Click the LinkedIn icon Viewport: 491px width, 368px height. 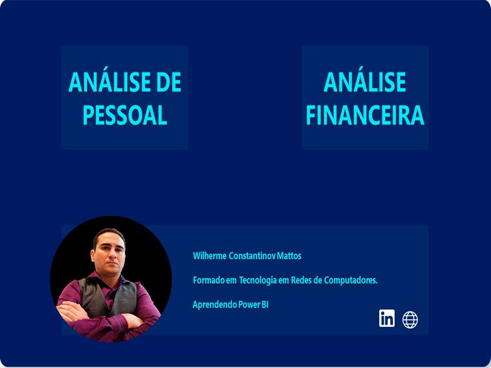(387, 318)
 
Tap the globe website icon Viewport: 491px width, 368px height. (410, 320)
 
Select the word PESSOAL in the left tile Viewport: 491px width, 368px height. (125, 115)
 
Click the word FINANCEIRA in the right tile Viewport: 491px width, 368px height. (365, 115)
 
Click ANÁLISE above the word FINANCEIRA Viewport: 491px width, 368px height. (365, 80)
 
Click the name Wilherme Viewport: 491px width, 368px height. (209, 256)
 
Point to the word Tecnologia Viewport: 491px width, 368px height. (258, 281)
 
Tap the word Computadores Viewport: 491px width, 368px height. (350, 280)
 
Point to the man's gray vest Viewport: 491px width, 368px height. (108, 297)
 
